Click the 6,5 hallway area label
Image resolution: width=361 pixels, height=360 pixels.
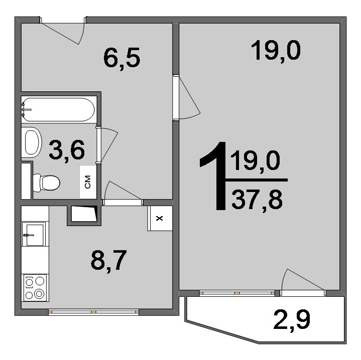click(x=122, y=58)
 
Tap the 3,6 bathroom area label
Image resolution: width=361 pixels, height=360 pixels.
click(x=67, y=150)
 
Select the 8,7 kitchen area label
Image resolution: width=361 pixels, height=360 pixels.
click(x=108, y=261)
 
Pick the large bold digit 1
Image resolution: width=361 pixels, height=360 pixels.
click(x=213, y=176)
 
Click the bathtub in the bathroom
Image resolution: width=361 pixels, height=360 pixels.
click(x=58, y=110)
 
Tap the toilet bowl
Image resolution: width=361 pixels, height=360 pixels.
click(x=47, y=183)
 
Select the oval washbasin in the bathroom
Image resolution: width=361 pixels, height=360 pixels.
click(x=32, y=142)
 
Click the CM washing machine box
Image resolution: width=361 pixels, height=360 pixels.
click(x=88, y=182)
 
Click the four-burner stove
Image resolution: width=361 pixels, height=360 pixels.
click(x=35, y=288)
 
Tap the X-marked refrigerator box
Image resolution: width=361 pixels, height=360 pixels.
click(x=160, y=218)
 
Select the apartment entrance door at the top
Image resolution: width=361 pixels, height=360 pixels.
click(x=63, y=31)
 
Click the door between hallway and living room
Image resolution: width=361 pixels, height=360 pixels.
click(x=186, y=98)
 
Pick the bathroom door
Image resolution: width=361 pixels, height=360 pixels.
click(x=107, y=145)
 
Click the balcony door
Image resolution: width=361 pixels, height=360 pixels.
click(x=303, y=282)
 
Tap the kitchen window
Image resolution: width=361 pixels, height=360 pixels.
click(x=93, y=312)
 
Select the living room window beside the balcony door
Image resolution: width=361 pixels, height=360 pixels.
click(x=237, y=293)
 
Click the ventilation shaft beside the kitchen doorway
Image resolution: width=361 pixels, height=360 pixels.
click(x=84, y=216)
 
